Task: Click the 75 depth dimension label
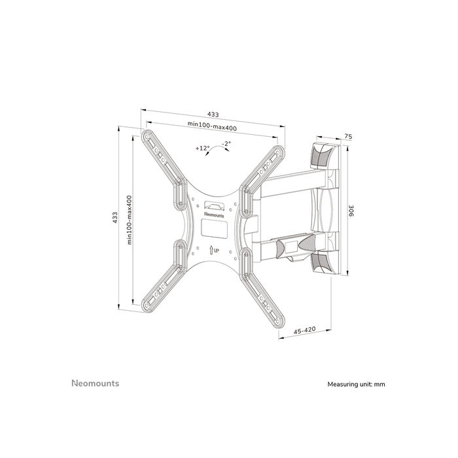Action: (348, 137)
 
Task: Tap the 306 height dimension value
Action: (351, 211)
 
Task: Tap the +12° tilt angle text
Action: (202, 149)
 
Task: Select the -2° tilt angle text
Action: (226, 143)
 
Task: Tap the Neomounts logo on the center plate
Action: (213, 212)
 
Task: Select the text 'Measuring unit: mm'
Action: (356, 384)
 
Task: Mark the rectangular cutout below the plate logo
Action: (213, 228)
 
